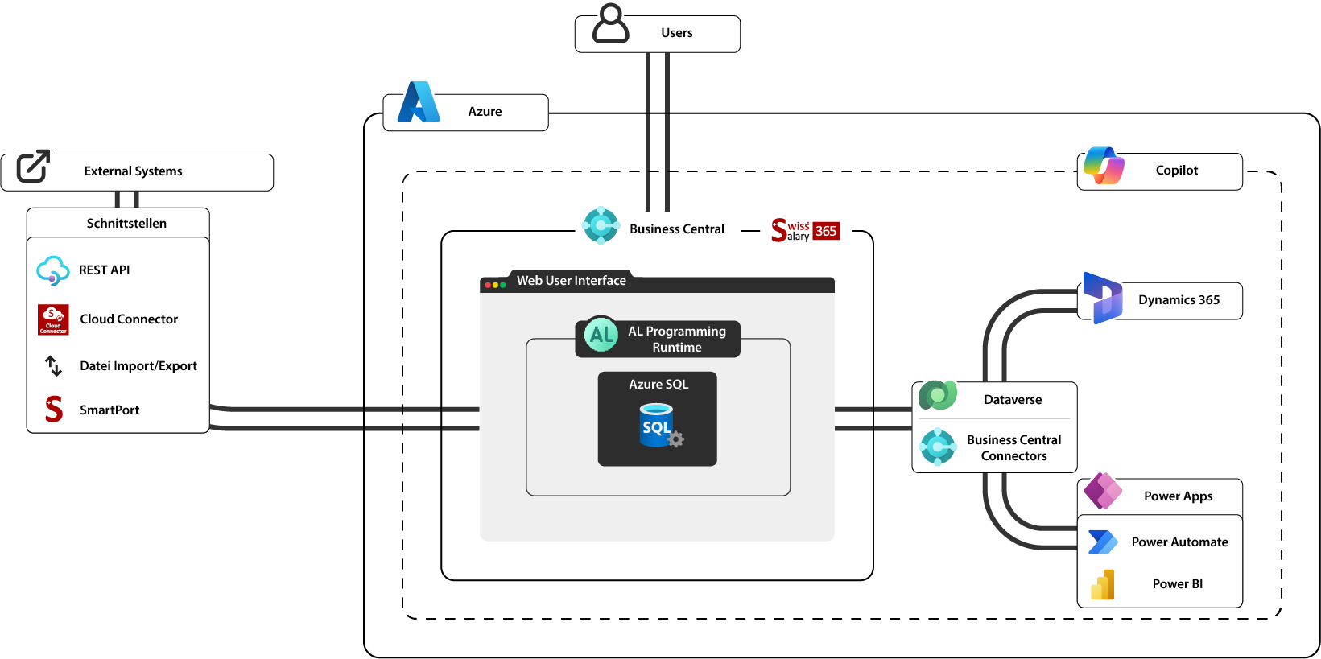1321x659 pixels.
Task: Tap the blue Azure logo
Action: tap(419, 102)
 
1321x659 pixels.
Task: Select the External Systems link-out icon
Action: tap(33, 166)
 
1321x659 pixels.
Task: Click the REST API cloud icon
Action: tap(52, 270)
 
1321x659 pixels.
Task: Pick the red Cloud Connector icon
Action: tap(53, 319)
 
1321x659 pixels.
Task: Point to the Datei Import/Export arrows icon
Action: tap(53, 366)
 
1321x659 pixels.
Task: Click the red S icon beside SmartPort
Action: tap(54, 410)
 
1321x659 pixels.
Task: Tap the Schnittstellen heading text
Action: tap(126, 224)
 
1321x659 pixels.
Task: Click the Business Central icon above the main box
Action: tap(601, 225)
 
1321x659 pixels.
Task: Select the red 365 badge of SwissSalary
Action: tap(826, 231)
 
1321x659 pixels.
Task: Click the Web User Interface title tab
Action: tap(571, 281)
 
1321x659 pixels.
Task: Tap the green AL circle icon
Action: tap(601, 335)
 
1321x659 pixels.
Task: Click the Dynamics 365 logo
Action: tap(1102, 298)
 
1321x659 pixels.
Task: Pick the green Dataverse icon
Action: tap(938, 396)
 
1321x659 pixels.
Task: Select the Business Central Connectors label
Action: tap(1013, 447)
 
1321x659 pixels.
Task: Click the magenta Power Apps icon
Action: tap(1103, 491)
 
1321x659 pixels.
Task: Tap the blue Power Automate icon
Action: tap(1102, 542)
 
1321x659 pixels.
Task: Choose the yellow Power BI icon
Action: tap(1103, 585)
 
